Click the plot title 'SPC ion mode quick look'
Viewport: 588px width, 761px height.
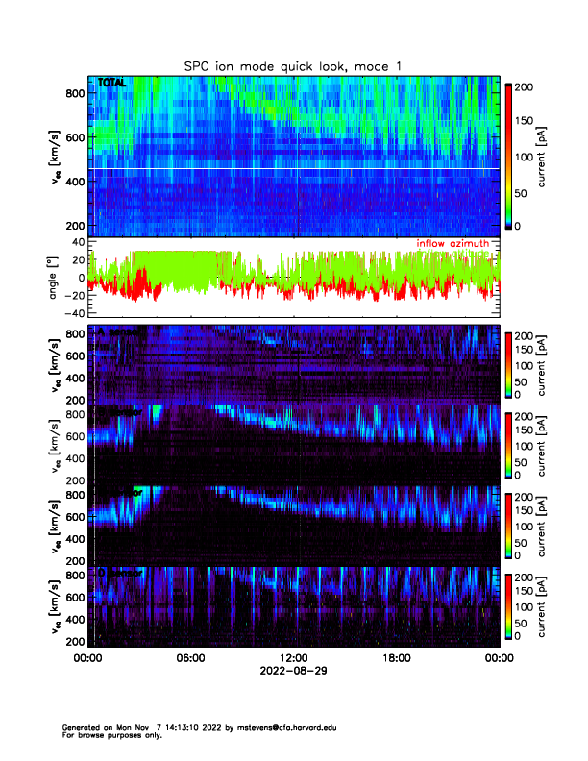[293, 64]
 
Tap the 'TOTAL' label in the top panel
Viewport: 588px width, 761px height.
[111, 84]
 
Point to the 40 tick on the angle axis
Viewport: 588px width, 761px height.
[77, 243]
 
